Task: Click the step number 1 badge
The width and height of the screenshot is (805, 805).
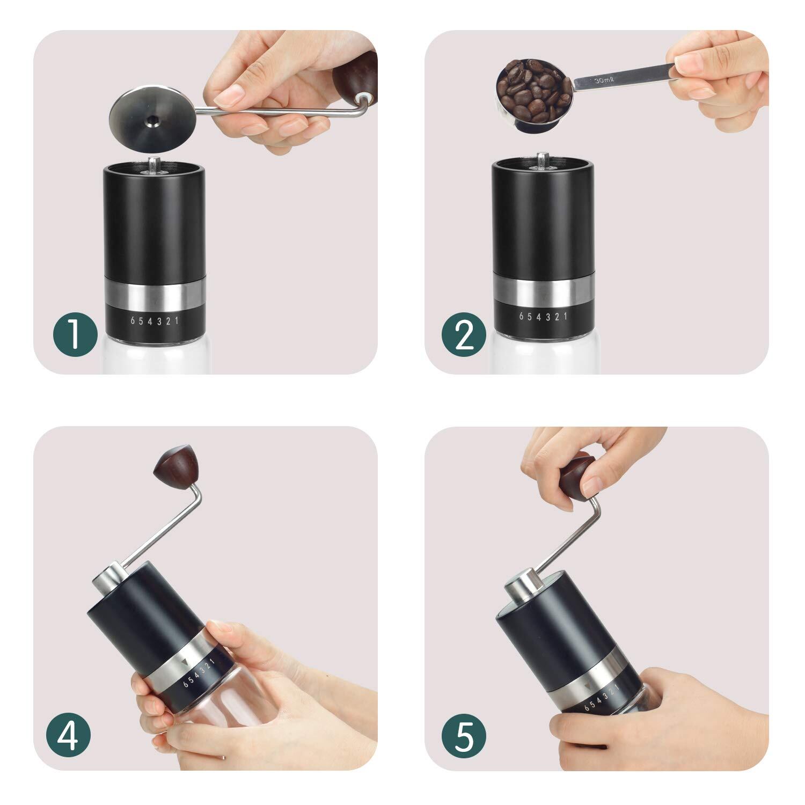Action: (x=75, y=335)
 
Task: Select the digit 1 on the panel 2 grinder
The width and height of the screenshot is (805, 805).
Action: (x=566, y=316)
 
